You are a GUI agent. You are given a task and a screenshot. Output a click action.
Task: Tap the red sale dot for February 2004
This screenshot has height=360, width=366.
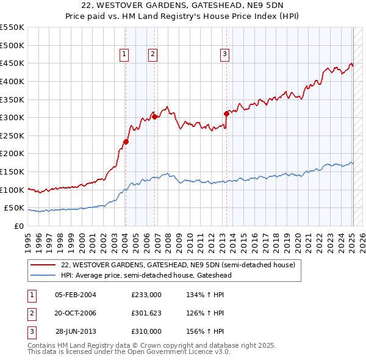[x=126, y=142]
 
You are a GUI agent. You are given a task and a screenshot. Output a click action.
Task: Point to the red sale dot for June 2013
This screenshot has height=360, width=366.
[x=226, y=113]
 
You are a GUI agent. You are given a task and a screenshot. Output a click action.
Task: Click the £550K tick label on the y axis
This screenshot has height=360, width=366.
[x=12, y=27]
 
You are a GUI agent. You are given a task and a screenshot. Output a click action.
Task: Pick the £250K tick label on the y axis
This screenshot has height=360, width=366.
[x=12, y=135]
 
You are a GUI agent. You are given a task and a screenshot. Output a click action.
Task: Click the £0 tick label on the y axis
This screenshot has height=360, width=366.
[x=18, y=226]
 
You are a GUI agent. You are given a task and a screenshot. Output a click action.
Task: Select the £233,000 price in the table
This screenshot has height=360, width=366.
[x=146, y=295]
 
